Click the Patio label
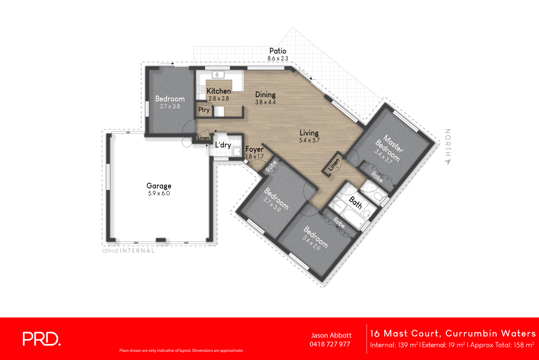click(x=278, y=51)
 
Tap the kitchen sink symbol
click(x=218, y=74)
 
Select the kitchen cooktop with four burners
click(x=201, y=89)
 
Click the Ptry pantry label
click(x=204, y=110)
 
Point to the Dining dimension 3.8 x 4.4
click(x=265, y=102)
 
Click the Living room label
click(x=309, y=133)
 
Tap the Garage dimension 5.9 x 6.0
click(x=159, y=193)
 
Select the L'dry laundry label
click(x=223, y=145)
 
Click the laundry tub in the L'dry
click(x=237, y=152)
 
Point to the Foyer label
click(x=254, y=149)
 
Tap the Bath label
click(x=355, y=203)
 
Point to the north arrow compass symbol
click(x=447, y=162)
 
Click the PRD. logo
click(x=41, y=339)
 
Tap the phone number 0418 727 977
click(x=330, y=344)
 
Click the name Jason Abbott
click(x=331, y=335)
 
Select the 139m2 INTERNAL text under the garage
click(x=128, y=251)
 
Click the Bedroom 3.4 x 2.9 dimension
click(x=311, y=243)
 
